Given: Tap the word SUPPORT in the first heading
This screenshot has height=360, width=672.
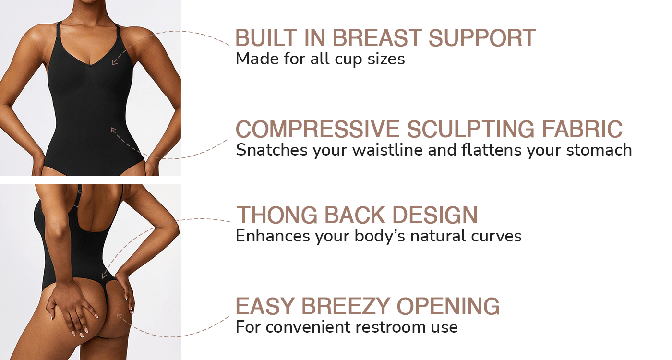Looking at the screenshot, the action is pyautogui.click(x=482, y=38).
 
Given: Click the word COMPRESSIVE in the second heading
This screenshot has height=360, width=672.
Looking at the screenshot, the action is pyautogui.click(x=317, y=129).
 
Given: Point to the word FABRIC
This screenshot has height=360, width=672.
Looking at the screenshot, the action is pyautogui.click(x=582, y=129).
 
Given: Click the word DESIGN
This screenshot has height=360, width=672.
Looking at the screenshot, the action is pyautogui.click(x=435, y=215).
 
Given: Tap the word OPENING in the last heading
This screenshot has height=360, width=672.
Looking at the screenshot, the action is pyautogui.click(x=448, y=306).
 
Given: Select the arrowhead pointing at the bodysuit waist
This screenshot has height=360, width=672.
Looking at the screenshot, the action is pyautogui.click(x=113, y=130).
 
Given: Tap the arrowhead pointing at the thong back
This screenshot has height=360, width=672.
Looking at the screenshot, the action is pyautogui.click(x=104, y=276).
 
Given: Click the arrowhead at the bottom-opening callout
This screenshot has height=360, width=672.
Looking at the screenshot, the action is pyautogui.click(x=119, y=316).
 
